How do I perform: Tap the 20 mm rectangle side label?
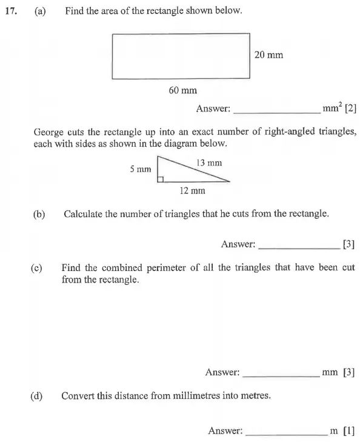tap(268, 55)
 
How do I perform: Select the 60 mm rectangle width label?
tap(182, 90)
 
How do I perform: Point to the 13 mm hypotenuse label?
tap(209, 162)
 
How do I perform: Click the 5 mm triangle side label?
tap(139, 169)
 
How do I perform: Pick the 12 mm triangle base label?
tap(192, 190)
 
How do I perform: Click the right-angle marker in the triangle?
tap(161, 179)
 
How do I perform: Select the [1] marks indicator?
tap(348, 431)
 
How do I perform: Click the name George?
tap(48, 132)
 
